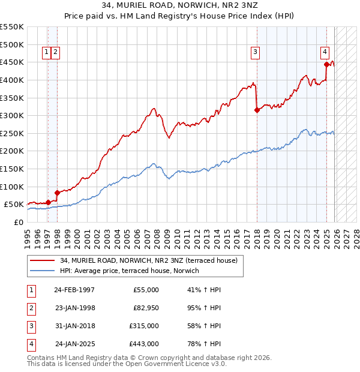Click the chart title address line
[x=180, y=6]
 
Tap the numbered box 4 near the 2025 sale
[x=324, y=52]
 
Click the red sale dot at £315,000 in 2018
[x=257, y=110]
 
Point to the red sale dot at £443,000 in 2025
[x=326, y=64]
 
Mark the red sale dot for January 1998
[x=57, y=193]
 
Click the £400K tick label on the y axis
[x=13, y=80]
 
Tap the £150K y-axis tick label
[x=13, y=169]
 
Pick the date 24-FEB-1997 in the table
[x=74, y=289]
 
